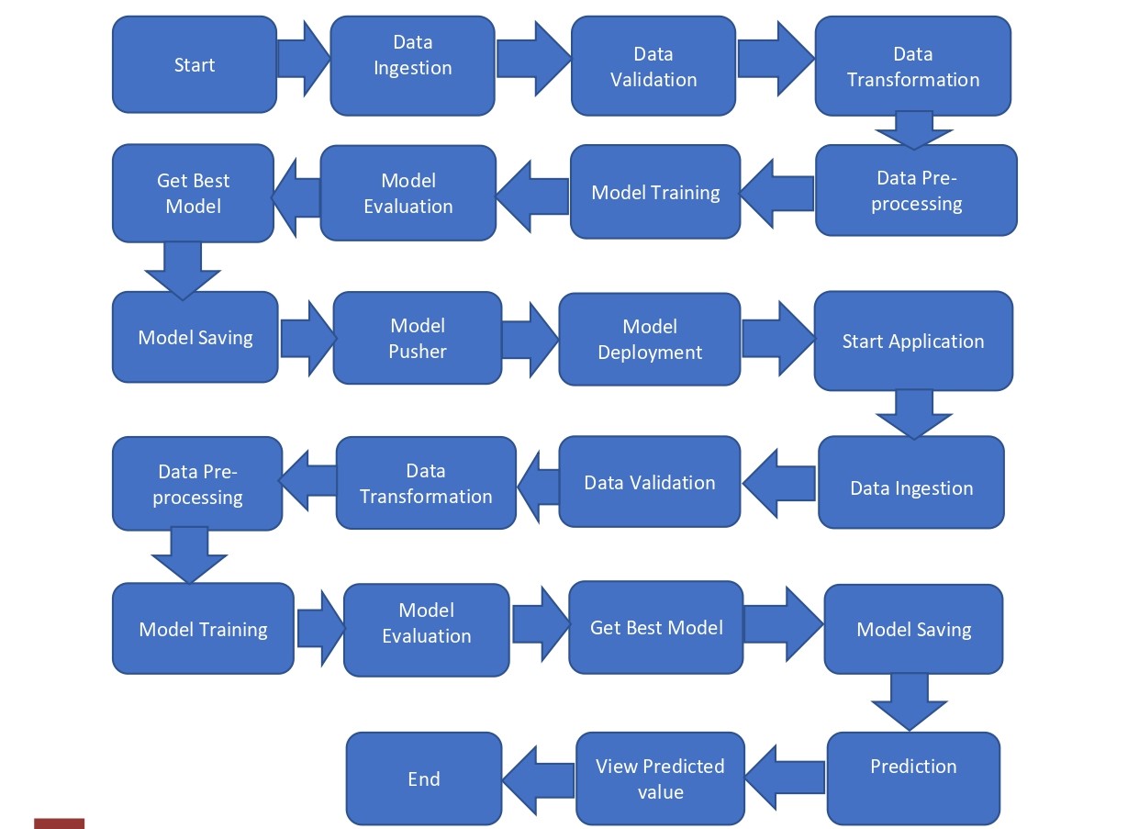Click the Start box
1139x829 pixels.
click(194, 64)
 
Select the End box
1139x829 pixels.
click(423, 779)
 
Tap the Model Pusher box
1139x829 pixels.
click(417, 338)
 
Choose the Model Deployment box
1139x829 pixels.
click(649, 340)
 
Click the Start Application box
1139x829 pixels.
click(912, 342)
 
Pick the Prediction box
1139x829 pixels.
click(912, 767)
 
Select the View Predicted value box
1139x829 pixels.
click(659, 779)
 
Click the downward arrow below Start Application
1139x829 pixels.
click(913, 414)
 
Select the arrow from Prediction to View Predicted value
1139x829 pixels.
click(786, 769)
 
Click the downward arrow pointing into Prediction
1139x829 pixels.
click(909, 702)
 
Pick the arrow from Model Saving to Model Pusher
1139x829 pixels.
click(307, 337)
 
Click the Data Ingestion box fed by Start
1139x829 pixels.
click(412, 66)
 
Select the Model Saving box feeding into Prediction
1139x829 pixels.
click(912, 629)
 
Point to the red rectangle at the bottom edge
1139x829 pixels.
click(59, 823)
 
